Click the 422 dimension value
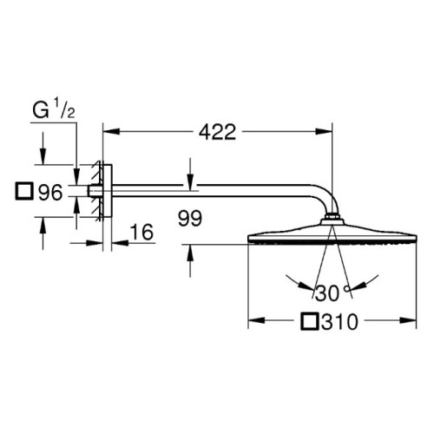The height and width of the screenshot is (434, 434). coord(217,132)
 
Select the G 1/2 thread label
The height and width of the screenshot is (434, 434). coord(54,110)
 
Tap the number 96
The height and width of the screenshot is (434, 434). coord(50,192)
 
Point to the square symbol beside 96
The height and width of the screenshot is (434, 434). coord(23,191)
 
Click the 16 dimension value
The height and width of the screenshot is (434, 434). coord(141,232)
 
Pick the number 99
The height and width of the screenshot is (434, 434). coord(190,219)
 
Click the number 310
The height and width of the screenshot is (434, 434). coord(339,322)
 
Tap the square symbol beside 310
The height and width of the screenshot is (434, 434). coord(310,321)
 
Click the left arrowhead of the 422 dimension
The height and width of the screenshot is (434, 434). coord(111,131)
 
